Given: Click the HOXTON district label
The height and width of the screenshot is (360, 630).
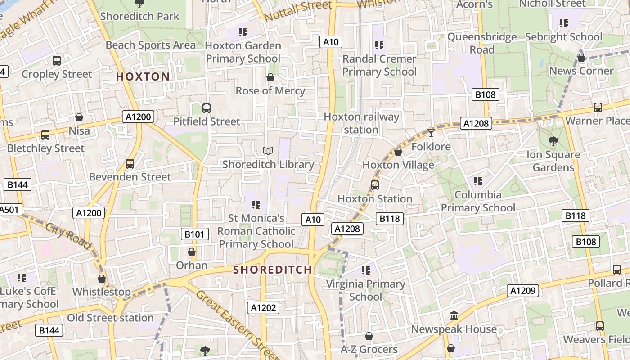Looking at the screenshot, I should point(143,76).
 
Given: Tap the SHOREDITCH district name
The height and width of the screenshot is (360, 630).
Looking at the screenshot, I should point(272,270).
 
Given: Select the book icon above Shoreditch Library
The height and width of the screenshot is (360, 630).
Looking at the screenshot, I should point(268,151).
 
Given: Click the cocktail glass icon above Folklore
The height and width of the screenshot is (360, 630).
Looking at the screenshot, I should point(431,133).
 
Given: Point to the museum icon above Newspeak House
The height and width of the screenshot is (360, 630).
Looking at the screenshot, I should point(454,316).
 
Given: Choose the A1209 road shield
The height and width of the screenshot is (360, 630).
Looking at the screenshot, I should point(523,291).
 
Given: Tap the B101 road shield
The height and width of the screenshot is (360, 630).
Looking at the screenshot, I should point(195,234).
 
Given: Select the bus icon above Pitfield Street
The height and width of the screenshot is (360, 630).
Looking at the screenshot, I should point(207,108).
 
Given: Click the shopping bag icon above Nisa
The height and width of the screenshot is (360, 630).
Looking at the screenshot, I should point(79,117).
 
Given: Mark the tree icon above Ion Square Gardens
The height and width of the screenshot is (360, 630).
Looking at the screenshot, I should point(553,141).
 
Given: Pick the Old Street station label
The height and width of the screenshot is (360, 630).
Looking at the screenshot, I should point(110,318).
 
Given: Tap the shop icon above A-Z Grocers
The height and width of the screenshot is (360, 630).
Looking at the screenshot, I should point(369,336).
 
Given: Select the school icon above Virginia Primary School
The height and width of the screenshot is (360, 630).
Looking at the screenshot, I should point(366,270).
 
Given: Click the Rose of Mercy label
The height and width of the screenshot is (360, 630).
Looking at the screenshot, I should point(270,91).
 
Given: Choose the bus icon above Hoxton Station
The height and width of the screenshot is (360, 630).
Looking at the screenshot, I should point(374,185).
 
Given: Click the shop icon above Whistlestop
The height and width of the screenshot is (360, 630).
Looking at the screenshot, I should point(102,279).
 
